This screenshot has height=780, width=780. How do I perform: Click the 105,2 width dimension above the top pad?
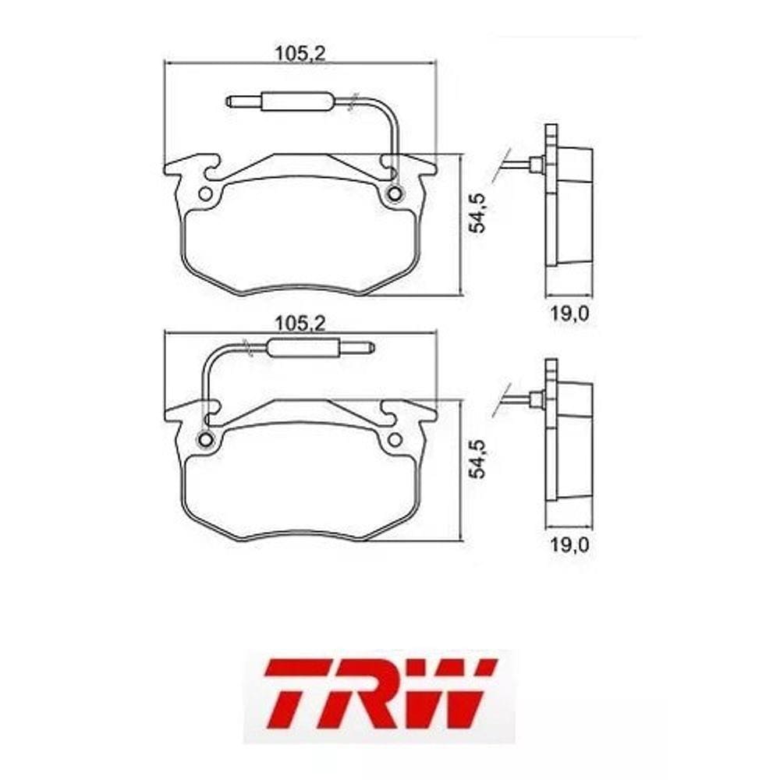300,54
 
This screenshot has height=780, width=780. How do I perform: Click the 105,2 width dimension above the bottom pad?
300,324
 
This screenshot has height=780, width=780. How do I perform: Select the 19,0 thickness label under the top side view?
569,314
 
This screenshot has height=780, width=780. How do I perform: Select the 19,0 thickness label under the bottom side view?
569,545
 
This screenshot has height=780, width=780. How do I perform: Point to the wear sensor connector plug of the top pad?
280,101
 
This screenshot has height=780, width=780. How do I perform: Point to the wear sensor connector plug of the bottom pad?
320,348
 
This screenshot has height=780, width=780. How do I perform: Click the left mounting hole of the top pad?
205,194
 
